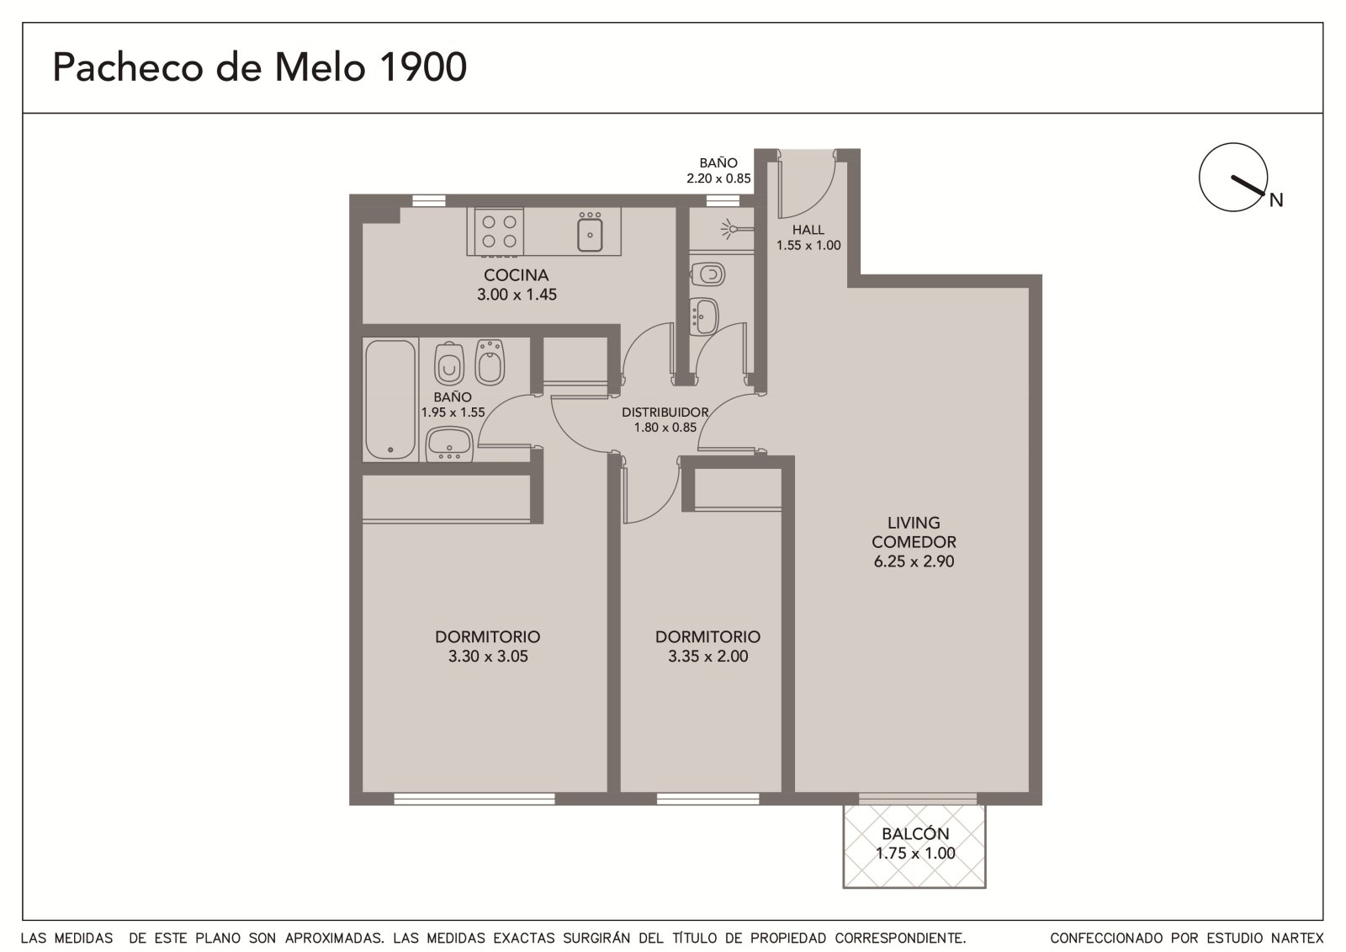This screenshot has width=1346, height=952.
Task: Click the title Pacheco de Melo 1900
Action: coord(260,66)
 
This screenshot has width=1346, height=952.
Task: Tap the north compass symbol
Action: coord(1237,177)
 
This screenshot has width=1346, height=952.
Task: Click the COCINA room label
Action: coord(517,275)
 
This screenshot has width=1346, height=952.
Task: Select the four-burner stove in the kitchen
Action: coord(499,231)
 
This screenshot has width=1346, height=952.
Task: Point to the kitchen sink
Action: coord(590,234)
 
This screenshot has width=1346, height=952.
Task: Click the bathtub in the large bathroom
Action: coord(390,399)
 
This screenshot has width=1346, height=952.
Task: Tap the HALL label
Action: coord(808,230)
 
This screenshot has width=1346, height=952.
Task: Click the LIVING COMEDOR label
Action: coord(914,532)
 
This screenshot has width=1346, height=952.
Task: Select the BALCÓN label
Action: coord(915,833)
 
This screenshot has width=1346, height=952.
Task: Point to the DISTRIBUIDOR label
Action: coord(665,412)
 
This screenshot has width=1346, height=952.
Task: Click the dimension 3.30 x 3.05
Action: coord(488,656)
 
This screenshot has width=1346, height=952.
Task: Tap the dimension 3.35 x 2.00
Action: coord(707,656)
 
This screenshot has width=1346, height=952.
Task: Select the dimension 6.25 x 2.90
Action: coord(914,561)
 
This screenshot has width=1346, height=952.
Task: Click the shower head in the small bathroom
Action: coord(735,228)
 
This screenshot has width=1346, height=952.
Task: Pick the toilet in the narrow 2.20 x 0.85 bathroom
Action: coord(707,275)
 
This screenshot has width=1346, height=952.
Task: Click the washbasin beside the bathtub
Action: coord(448,444)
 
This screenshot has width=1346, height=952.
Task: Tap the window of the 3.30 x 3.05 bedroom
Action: coord(474,799)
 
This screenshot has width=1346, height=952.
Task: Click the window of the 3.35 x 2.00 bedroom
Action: coord(707,799)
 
